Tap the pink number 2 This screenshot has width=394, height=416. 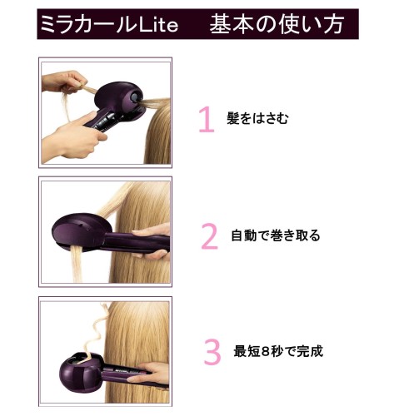pyautogui.click(x=210, y=236)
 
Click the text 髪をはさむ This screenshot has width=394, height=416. pyautogui.click(x=262, y=118)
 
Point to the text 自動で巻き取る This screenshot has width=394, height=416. pyautogui.click(x=275, y=235)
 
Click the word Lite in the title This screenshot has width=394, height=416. pyautogui.click(x=153, y=25)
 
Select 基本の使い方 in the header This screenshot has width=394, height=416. pyautogui.click(x=275, y=25)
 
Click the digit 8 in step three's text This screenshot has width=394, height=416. pyautogui.click(x=267, y=351)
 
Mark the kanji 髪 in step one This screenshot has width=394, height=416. pyautogui.click(x=232, y=118)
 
